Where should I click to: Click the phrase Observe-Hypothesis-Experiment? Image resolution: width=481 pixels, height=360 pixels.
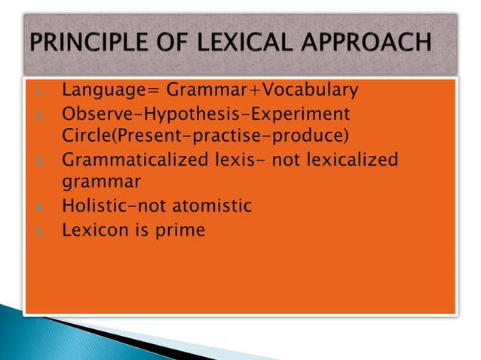point(206,115)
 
